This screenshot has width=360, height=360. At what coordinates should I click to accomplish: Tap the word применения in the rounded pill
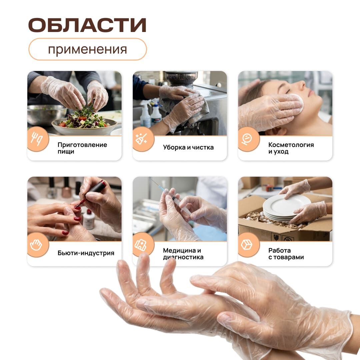(87, 49)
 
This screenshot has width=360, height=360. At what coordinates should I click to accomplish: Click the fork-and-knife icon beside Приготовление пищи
(37, 139)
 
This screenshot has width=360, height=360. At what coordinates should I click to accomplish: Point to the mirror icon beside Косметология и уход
(247, 139)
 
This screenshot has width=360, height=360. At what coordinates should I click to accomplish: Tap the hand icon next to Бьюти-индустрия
(36, 245)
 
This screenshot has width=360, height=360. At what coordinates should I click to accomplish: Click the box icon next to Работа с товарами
(247, 245)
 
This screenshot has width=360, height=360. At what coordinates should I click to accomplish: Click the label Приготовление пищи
(82, 148)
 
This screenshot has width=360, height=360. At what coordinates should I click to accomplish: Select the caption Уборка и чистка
(188, 147)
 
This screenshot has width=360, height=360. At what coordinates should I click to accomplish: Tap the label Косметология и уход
(291, 148)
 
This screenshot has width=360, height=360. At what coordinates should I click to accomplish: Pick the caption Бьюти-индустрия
(86, 253)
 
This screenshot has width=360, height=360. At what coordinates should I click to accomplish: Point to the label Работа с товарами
(286, 254)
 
